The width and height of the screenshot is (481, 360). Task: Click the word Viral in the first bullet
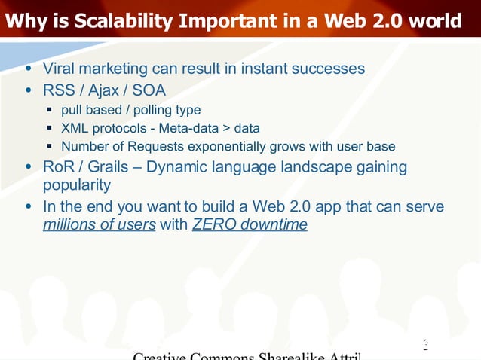(61, 69)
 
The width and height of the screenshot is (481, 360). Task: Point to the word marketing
(119, 69)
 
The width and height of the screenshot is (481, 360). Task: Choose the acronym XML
(75, 128)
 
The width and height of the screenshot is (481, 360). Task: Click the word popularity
(77, 185)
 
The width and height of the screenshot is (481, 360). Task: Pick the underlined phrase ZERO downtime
(250, 224)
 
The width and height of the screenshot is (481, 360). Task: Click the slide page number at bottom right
(425, 346)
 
